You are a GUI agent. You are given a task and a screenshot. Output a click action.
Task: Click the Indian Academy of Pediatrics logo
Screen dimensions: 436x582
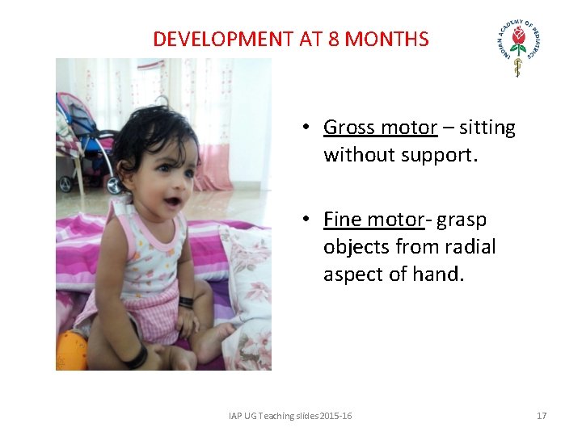coord(518,48)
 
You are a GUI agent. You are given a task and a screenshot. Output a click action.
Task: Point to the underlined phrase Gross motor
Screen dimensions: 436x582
coord(380,128)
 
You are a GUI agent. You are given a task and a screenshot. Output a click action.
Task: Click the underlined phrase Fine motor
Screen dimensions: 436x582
coord(373,220)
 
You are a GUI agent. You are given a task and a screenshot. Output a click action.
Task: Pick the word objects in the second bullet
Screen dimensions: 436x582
coord(353,247)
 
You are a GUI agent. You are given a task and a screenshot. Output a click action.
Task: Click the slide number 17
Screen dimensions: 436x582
coord(542,416)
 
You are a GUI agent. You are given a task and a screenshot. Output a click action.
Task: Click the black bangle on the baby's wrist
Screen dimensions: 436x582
coord(186,303)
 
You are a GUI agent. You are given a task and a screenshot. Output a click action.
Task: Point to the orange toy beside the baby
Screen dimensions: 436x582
coord(71,350)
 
